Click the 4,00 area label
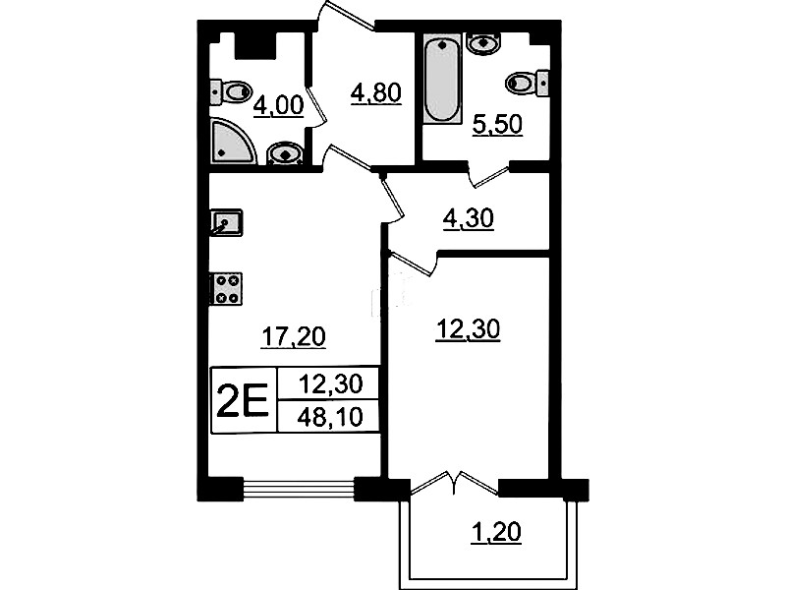pyautogui.click(x=278, y=106)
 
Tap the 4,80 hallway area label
pyautogui.click(x=376, y=93)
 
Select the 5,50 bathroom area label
pyautogui.click(x=498, y=124)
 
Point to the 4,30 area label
pyautogui.click(x=469, y=218)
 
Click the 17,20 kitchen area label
pyautogui.click(x=294, y=336)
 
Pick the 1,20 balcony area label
pyautogui.click(x=496, y=532)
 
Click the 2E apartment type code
pyautogui.click(x=244, y=400)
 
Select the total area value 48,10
pyautogui.click(x=329, y=417)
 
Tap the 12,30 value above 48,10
pyautogui.click(x=330, y=384)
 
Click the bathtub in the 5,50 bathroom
pyautogui.click(x=441, y=81)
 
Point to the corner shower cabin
pyautogui.click(x=232, y=142)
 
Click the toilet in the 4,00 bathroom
pyautogui.click(x=230, y=92)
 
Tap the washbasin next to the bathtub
pyautogui.click(x=482, y=42)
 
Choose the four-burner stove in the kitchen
pyautogui.click(x=226, y=289)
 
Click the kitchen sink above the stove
pyautogui.click(x=226, y=222)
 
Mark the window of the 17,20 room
pyautogui.click(x=299, y=489)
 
